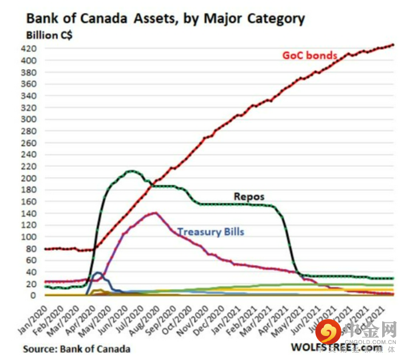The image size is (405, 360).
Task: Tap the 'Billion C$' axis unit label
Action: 49,35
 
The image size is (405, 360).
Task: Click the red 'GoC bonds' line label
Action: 309,55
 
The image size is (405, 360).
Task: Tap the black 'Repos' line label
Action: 249,197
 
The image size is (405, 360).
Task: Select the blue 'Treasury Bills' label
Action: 211,232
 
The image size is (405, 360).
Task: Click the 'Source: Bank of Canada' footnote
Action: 77,349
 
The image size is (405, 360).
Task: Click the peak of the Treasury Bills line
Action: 154,213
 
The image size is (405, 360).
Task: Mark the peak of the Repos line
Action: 132,171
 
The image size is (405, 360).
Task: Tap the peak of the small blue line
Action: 98,273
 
